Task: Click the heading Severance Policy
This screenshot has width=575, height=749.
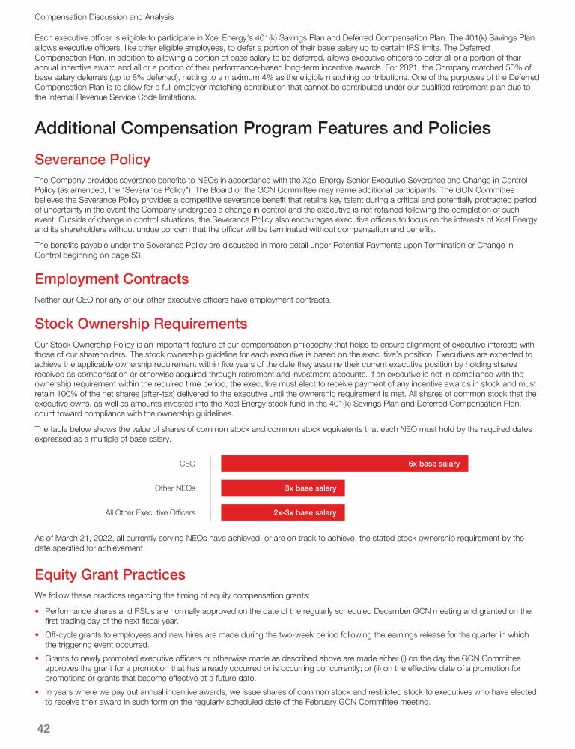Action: pos(92,160)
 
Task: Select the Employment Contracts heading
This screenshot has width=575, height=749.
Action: pos(112,279)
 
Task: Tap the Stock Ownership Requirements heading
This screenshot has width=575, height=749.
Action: pos(141,324)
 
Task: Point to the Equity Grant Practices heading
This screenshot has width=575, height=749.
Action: pos(110,574)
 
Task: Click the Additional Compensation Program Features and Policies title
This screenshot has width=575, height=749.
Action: pos(263,128)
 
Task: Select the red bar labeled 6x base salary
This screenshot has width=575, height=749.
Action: pos(345,464)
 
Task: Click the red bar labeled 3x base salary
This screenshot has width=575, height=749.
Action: pos(283,488)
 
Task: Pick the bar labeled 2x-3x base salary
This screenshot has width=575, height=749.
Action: pos(283,513)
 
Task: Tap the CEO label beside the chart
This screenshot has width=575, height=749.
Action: pos(187,464)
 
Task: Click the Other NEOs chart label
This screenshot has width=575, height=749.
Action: pos(174,488)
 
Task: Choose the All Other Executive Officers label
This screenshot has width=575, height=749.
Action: pos(150,513)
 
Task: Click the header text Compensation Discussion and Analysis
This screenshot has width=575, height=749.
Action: pos(104,16)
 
